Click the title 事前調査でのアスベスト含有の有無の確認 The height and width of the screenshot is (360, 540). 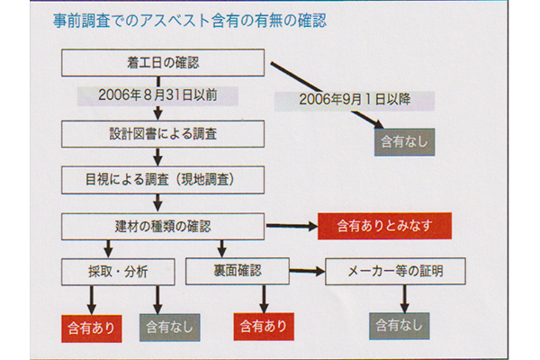tap(190, 21)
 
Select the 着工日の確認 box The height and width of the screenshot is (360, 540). tap(163, 63)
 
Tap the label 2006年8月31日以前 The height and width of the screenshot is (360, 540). tap(157, 95)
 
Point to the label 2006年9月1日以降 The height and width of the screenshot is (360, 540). tap(355, 100)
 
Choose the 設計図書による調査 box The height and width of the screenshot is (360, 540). tap(163, 134)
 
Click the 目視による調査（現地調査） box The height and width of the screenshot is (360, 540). tap(163, 180)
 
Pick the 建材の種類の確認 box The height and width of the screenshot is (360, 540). tap(163, 226)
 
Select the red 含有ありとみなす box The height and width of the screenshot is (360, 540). tap(384, 226)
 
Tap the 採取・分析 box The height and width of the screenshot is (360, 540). tap(118, 272)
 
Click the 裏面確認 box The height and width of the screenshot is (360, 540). tap(238, 271)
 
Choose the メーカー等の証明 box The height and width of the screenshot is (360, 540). tap(395, 271)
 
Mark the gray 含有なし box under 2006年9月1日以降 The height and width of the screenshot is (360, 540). tap(405, 142)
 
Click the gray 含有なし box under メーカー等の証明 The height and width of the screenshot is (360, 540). tap(399, 326)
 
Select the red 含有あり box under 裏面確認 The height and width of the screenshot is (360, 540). tap(264, 327)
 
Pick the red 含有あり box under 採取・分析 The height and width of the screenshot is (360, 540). tap(92, 328)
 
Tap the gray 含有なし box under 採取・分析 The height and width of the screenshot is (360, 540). tap(170, 328)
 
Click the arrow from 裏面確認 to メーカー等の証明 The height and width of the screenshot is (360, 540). tap(307, 271)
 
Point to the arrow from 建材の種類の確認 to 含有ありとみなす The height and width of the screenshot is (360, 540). tap(292, 226)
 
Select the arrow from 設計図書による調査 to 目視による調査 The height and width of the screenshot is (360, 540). tap(157, 157)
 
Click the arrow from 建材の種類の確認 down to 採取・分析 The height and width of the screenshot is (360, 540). tap(108, 249)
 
